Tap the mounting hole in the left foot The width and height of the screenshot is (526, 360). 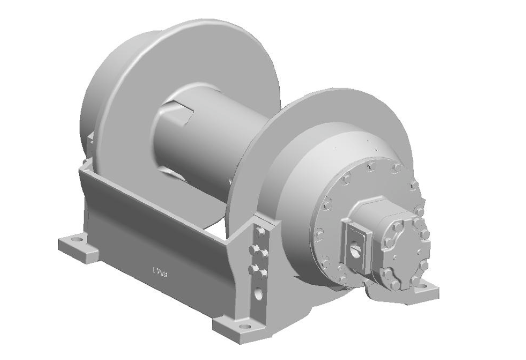pyautogui.click(x=77, y=239)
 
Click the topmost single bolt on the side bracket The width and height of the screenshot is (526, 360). pyautogui.click(x=260, y=233)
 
